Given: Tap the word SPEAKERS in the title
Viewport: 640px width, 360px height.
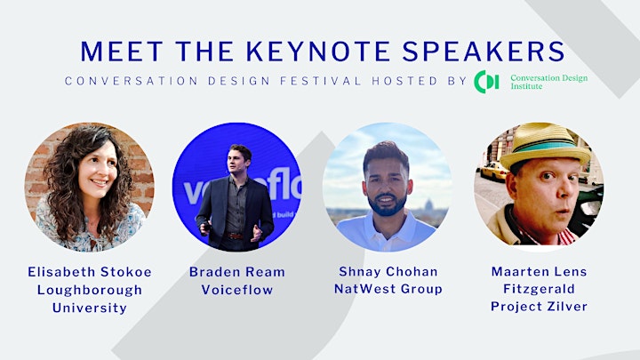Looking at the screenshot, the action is [x=484, y=52].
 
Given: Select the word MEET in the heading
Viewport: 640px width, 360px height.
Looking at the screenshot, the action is [x=122, y=52].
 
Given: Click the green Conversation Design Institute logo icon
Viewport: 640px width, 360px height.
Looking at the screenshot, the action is [x=486, y=82].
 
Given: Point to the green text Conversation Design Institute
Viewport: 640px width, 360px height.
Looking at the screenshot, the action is [x=549, y=82].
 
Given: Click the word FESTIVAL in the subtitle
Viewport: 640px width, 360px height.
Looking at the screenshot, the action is [x=320, y=81].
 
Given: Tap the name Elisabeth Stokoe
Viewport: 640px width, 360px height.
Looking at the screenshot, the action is [x=90, y=272].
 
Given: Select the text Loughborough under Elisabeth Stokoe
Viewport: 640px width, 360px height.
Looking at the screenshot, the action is [x=90, y=290].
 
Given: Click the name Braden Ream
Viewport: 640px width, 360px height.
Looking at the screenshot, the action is [x=237, y=272].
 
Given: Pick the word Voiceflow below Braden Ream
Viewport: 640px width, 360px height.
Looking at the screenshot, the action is [x=237, y=290].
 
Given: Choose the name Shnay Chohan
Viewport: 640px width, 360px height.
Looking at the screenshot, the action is [x=388, y=271].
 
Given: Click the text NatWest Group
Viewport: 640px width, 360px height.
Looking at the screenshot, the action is [x=388, y=289].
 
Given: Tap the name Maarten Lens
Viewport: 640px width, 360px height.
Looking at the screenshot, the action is [x=540, y=271].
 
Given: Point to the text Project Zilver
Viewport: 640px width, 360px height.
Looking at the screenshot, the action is [x=540, y=306].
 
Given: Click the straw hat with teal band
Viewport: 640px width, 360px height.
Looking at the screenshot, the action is [x=545, y=145].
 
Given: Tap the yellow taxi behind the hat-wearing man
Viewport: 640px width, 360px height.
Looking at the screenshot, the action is [x=494, y=171].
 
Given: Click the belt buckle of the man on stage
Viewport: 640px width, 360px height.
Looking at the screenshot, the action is [x=234, y=236].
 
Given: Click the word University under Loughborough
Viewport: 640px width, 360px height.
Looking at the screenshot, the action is [x=90, y=308].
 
